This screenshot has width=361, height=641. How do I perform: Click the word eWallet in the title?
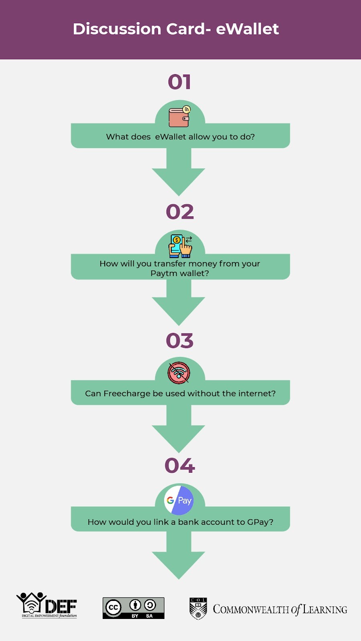[x=247, y=29]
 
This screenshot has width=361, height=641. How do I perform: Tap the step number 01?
[x=179, y=82]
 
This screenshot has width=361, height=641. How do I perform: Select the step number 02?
[x=180, y=212]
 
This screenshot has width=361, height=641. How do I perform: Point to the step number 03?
[x=180, y=341]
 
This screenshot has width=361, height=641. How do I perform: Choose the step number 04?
[x=180, y=465]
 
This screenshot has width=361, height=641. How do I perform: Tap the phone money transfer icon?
[x=180, y=246]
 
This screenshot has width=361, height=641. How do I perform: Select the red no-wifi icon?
[x=179, y=373]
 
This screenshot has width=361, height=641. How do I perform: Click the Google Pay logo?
[x=179, y=500]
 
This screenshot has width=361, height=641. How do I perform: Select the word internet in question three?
[x=257, y=393]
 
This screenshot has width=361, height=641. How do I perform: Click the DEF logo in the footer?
[x=47, y=605]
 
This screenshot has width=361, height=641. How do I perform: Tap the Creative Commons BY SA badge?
[x=134, y=608]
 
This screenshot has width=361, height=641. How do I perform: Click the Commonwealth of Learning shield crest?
[x=198, y=609]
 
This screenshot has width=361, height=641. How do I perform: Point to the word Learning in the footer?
[x=325, y=609]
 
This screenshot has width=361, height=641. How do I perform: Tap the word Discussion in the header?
[x=117, y=29]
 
